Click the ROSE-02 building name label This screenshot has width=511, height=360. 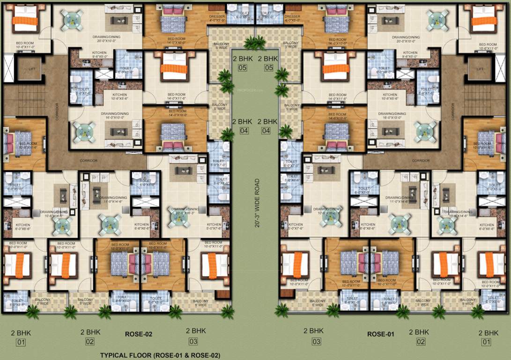click(138, 334)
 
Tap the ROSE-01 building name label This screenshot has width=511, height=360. click(380, 334)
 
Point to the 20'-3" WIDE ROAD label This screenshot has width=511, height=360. click(257, 203)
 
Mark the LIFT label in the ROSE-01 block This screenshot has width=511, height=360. click(480, 68)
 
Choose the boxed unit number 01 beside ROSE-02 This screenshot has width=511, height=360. click(21, 342)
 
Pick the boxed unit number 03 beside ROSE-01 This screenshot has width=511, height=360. click(317, 342)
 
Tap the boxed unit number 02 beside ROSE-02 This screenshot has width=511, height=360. click(90, 342)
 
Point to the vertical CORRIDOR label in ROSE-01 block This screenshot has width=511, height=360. click(453, 112)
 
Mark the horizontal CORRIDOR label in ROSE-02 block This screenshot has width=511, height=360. click(89, 160)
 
